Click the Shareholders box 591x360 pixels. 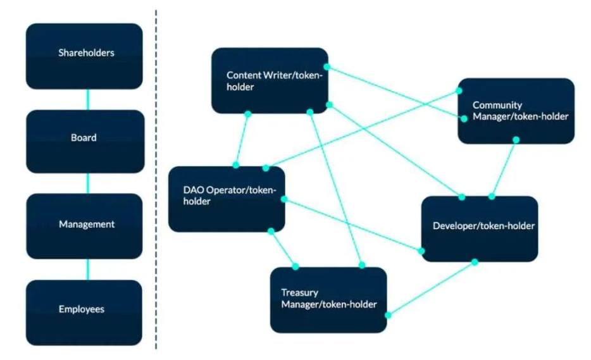[84, 56]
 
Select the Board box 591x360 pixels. [84, 140]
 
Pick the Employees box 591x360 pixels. [84, 312]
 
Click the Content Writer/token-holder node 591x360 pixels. [270, 80]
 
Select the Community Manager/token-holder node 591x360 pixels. [516, 111]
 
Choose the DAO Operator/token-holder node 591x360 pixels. [226, 199]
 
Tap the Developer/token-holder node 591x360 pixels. [479, 228]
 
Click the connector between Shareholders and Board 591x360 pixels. [87, 99]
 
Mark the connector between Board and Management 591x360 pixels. [87, 183]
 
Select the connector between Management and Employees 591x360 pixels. [87, 269]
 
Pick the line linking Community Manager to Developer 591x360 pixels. [504, 168]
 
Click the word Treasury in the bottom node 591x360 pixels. [300, 293]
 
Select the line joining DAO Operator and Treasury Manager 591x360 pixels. [283, 248]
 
